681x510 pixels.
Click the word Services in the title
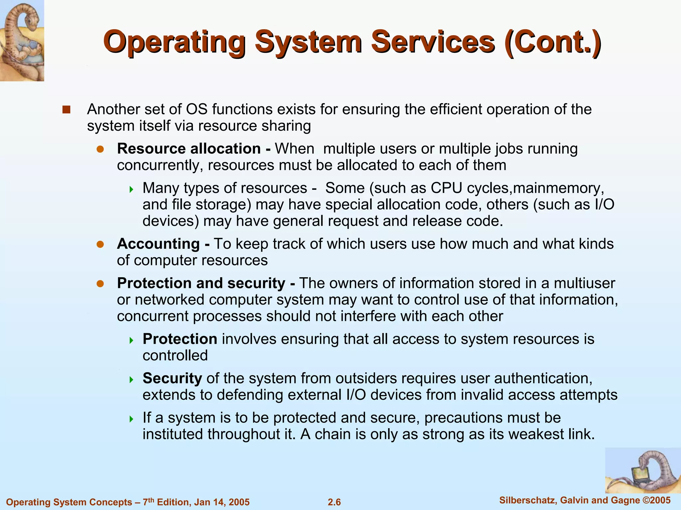pyautogui.click(x=433, y=42)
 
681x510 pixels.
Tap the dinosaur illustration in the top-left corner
pyautogui.click(x=22, y=41)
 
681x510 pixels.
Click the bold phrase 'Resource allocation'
pyautogui.click(x=189, y=149)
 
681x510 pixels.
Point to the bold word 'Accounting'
pyautogui.click(x=158, y=244)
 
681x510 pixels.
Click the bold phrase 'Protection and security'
pyautogui.click(x=201, y=283)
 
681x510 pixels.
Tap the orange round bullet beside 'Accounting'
pyautogui.click(x=100, y=245)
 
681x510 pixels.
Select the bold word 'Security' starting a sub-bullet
pyautogui.click(x=172, y=378)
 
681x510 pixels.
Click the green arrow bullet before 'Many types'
pyautogui.click(x=131, y=190)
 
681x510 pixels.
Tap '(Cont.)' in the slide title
pyautogui.click(x=552, y=42)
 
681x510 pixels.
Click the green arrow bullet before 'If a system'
pyautogui.click(x=131, y=419)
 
